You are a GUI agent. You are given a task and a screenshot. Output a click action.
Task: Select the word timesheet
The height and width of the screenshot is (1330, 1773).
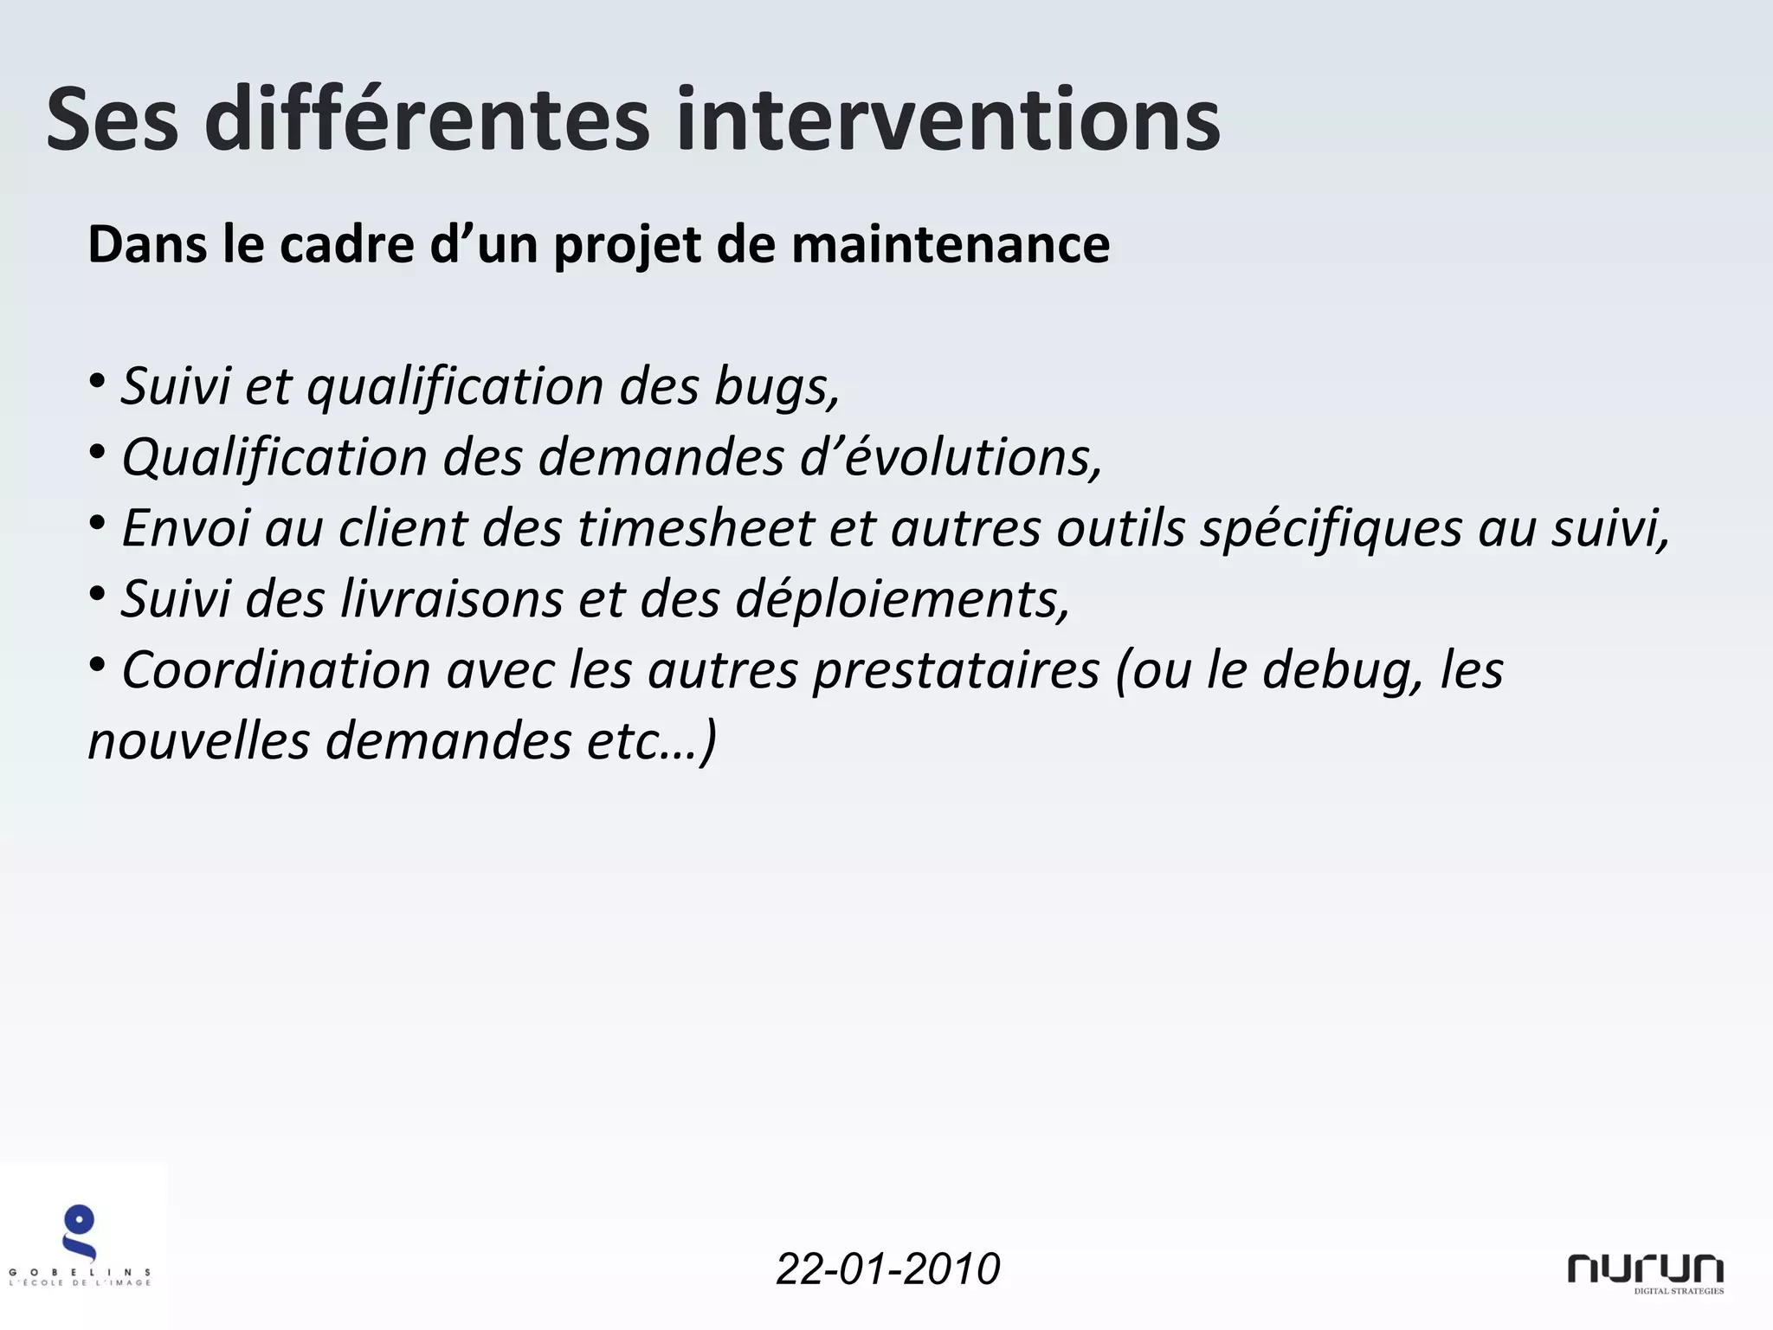pos(696,528)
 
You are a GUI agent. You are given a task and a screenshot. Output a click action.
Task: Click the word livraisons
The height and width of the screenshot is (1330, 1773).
pos(451,599)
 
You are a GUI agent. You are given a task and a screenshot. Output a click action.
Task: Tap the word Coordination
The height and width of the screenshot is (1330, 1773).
pos(276,670)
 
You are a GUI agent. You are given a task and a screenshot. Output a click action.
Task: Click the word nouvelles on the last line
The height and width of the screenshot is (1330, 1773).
pos(198,741)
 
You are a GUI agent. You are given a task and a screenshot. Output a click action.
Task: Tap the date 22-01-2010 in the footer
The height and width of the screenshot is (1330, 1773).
pos(887,1269)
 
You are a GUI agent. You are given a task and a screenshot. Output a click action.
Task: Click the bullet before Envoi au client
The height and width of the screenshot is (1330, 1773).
pos(97,523)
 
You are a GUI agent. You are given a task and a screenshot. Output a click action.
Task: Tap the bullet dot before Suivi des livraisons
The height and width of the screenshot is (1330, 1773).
pos(97,594)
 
